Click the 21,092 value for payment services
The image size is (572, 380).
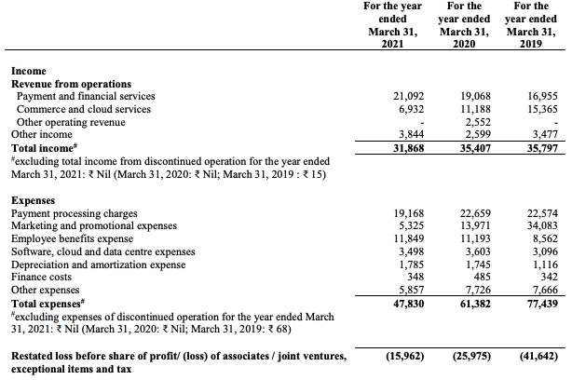point(394,96)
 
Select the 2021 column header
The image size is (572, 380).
point(389,26)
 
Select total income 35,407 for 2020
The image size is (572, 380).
point(463,147)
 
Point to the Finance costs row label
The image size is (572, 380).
point(43,278)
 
